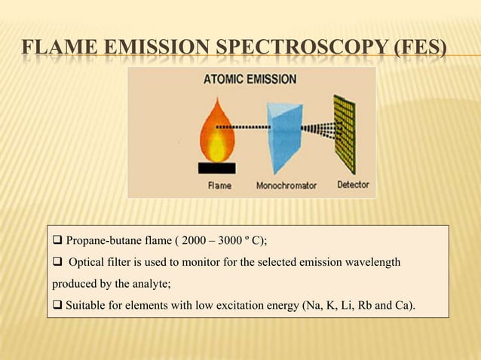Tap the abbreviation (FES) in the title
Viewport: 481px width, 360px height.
pyautogui.click(x=418, y=50)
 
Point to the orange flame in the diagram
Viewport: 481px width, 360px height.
pyautogui.click(x=217, y=130)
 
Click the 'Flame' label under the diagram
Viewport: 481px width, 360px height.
pyautogui.click(x=219, y=185)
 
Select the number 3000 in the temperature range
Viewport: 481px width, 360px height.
pyautogui.click(x=228, y=241)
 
